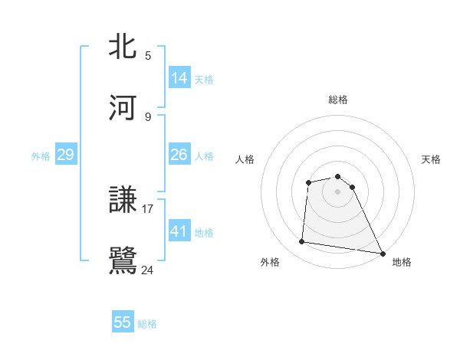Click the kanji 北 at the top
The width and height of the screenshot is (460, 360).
(x=123, y=47)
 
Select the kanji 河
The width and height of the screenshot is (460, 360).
(x=123, y=108)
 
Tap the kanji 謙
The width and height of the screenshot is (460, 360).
(x=123, y=200)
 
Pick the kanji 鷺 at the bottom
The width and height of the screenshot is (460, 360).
(x=123, y=260)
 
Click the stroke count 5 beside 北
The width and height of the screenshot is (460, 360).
(x=148, y=55)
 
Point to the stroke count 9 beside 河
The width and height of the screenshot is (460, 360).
(x=148, y=116)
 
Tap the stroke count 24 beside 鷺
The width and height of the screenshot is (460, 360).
(x=148, y=269)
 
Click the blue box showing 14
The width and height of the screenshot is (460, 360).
(x=179, y=78)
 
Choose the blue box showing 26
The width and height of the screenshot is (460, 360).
(x=179, y=155)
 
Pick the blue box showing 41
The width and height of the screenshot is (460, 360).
(x=179, y=231)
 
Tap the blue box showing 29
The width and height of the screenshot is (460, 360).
(x=66, y=155)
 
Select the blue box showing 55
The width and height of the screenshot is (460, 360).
(x=123, y=322)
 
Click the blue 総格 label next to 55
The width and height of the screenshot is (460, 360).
(x=147, y=324)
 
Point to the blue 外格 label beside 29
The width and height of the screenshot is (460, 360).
(x=41, y=156)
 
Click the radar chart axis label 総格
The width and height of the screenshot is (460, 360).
(x=338, y=100)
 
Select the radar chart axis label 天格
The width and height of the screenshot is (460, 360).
(x=431, y=159)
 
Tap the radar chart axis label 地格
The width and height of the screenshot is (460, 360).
(x=402, y=262)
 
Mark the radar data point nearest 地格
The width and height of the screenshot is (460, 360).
(x=382, y=253)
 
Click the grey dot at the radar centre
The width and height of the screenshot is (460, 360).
(x=338, y=191)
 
